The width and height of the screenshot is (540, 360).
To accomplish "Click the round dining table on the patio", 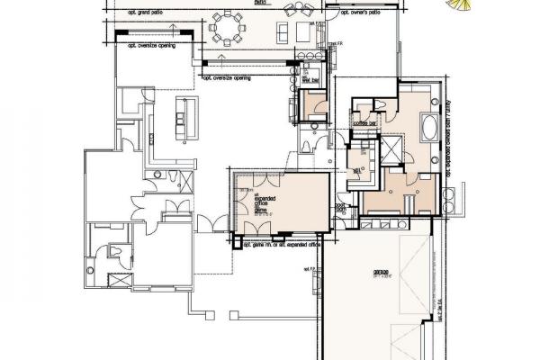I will [x=229, y=33].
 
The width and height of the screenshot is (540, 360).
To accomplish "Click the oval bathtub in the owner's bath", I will [x=427, y=126].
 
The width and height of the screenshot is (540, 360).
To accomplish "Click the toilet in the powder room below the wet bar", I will [x=308, y=146].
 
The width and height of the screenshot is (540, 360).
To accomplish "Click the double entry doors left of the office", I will [x=210, y=222].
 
